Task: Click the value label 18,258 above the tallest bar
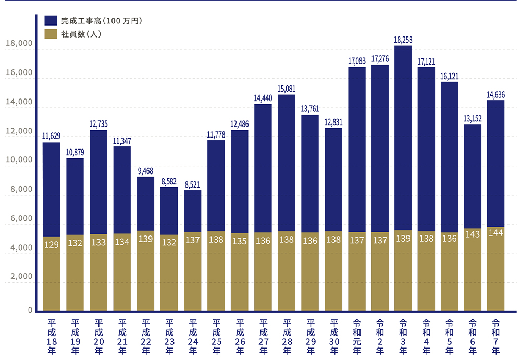tap(403, 40)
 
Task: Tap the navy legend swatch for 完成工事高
tap(51, 21)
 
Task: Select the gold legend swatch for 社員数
tap(51, 34)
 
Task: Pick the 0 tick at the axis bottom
tap(30, 311)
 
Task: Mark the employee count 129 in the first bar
tap(51, 245)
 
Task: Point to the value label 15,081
tap(287, 88)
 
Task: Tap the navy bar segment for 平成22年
tap(145, 204)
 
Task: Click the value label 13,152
tap(472, 118)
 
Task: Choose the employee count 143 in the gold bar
tap(472, 234)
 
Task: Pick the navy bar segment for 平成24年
tap(192, 211)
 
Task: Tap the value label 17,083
tap(356, 61)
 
